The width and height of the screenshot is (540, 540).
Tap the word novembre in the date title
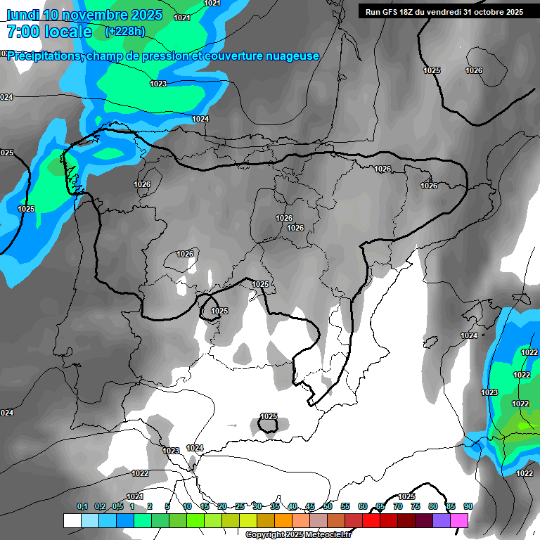(x=98, y=15)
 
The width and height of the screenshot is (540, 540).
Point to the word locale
(x=69, y=32)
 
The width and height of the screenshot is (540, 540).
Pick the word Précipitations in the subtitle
(x=44, y=56)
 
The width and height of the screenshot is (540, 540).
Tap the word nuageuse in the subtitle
(x=290, y=56)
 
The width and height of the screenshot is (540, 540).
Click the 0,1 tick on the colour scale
(x=82, y=506)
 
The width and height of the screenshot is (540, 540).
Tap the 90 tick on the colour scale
(x=468, y=506)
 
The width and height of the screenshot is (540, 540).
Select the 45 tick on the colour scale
(x=310, y=506)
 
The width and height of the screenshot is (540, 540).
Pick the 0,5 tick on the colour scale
(x=117, y=506)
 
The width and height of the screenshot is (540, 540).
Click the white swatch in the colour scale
(x=72, y=520)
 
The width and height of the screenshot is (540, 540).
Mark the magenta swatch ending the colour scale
(x=459, y=520)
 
